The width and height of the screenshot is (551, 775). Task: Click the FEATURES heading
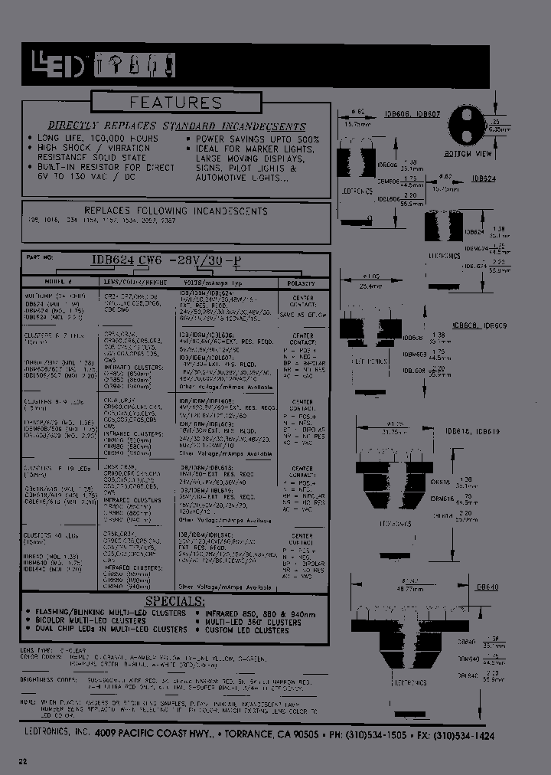tap(175, 102)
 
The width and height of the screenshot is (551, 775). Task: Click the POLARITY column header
tap(303, 283)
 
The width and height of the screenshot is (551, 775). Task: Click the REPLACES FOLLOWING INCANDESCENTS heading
tap(176, 211)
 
